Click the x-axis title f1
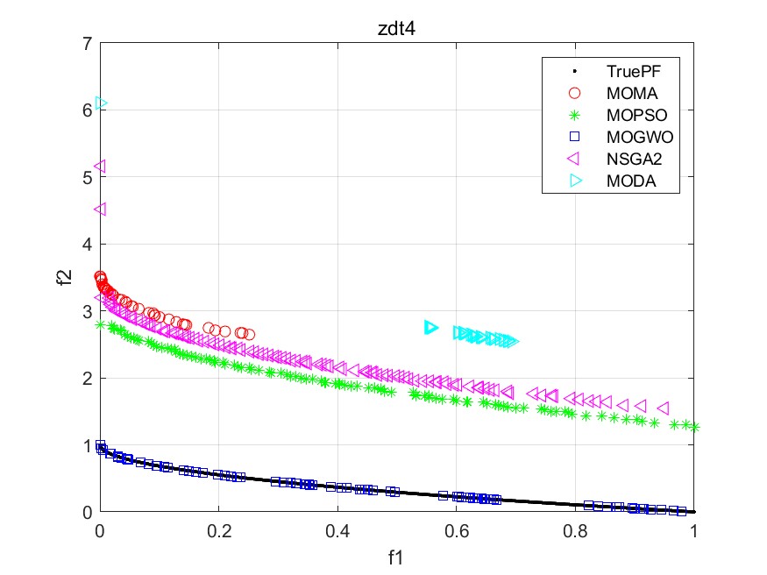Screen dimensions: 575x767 coord(397,556)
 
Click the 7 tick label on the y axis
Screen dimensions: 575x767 coord(87,43)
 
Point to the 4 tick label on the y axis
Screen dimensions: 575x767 coord(87,244)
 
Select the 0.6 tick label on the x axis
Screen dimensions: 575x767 coord(456,531)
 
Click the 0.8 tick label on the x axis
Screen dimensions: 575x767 coord(575,531)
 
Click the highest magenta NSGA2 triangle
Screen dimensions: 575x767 coord(100,166)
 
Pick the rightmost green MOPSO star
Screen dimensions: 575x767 coord(694,427)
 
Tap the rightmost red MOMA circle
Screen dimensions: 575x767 coord(249,334)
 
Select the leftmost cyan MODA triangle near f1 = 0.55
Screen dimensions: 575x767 coord(430,327)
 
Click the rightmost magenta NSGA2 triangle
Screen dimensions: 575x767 coord(663,408)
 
